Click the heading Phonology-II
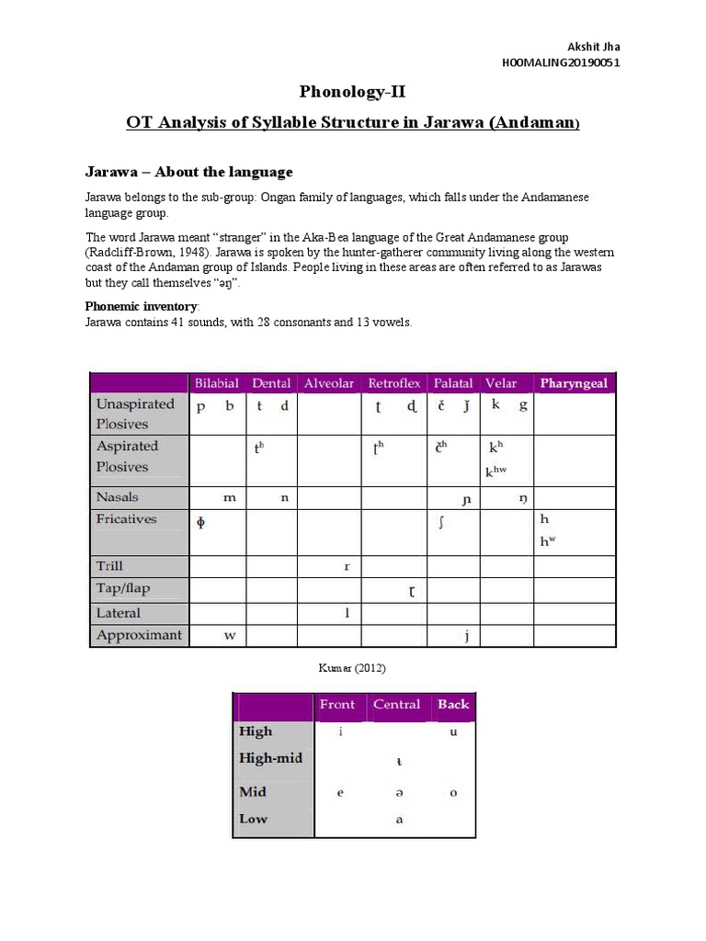(352, 92)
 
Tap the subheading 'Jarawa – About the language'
(189, 172)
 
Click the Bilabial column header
(216, 383)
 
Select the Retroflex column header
(394, 383)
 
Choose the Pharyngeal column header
(574, 383)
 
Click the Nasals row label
(118, 497)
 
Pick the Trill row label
(109, 566)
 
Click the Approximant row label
(139, 635)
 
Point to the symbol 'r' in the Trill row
(347, 567)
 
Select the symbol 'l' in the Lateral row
(347, 613)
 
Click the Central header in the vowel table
(396, 705)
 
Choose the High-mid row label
(270, 759)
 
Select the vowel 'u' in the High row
(453, 732)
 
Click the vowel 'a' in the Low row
(399, 820)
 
